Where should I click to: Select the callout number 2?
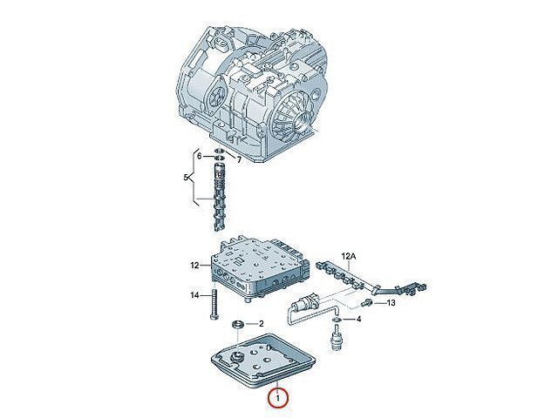pyautogui.click(x=262, y=323)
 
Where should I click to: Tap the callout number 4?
pyautogui.click(x=358, y=320)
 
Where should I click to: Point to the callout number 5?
pyautogui.click(x=186, y=177)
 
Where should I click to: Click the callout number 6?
pyautogui.click(x=200, y=156)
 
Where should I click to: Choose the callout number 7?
pyautogui.click(x=239, y=160)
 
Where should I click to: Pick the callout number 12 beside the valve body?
pyautogui.click(x=194, y=265)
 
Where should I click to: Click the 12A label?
pyautogui.click(x=349, y=255)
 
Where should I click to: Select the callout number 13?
pyautogui.click(x=391, y=303)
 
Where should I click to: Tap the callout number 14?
pyautogui.click(x=194, y=295)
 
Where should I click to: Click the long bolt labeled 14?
pyautogui.click(x=214, y=304)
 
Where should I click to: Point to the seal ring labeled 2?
pyautogui.click(x=237, y=324)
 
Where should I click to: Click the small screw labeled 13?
pyautogui.click(x=366, y=303)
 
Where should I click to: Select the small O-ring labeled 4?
pyautogui.click(x=335, y=320)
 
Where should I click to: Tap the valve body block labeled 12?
pyautogui.click(x=260, y=267)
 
